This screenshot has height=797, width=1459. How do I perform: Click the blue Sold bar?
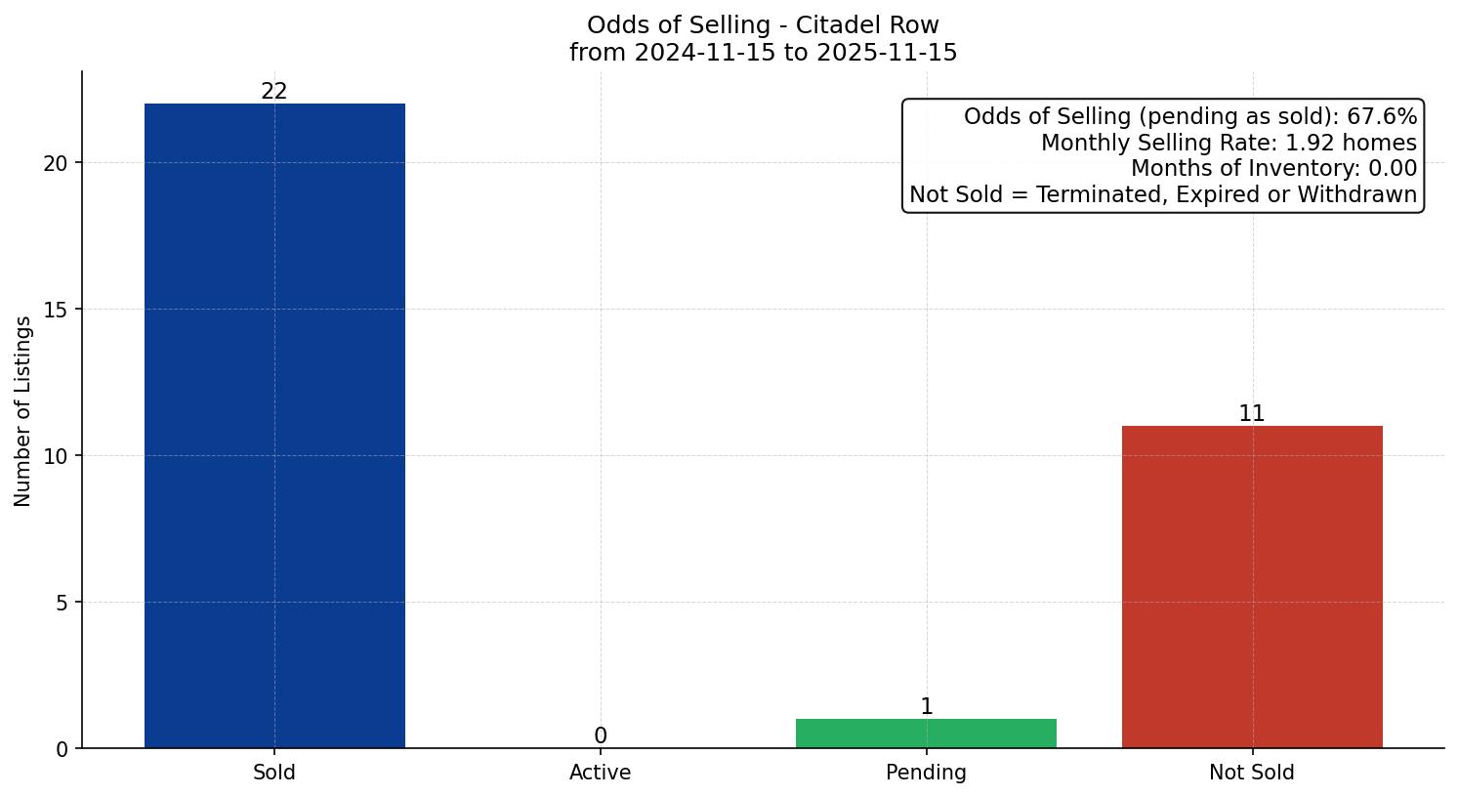(x=274, y=426)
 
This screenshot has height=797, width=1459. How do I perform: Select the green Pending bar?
(x=926, y=734)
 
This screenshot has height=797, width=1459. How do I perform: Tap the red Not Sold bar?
(x=1252, y=586)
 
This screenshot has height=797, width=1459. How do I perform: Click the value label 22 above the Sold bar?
(x=274, y=91)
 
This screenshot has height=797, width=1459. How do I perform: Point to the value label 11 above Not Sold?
(x=1252, y=413)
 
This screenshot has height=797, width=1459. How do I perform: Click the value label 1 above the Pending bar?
(x=927, y=706)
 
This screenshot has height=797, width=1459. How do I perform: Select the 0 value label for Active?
(x=601, y=735)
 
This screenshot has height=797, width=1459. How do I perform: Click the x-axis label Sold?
(x=274, y=773)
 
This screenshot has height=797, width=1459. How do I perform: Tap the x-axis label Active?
(x=601, y=773)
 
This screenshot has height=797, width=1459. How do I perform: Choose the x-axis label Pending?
(x=926, y=773)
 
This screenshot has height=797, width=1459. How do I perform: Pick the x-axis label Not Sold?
(x=1252, y=773)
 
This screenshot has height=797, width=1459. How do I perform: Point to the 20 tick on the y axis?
(x=56, y=163)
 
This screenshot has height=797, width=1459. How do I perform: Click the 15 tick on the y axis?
(x=56, y=310)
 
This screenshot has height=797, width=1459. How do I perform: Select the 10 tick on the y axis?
(x=56, y=456)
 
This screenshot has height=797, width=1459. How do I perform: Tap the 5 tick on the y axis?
(x=62, y=603)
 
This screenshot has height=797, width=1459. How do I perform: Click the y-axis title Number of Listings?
(x=23, y=411)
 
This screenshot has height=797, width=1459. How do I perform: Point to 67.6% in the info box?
(x=1382, y=117)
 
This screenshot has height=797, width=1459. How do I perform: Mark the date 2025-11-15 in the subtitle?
(x=888, y=53)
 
